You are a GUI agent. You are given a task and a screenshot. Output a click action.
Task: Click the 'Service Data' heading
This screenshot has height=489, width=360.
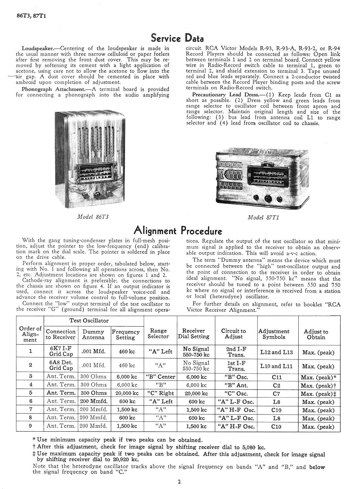(x=177, y=38)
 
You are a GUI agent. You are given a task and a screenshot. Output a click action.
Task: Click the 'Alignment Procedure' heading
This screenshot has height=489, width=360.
(x=178, y=231)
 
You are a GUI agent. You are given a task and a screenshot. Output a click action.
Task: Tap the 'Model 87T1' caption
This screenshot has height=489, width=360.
(x=263, y=217)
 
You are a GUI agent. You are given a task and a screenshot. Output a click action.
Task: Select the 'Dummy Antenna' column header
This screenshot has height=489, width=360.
(x=93, y=334)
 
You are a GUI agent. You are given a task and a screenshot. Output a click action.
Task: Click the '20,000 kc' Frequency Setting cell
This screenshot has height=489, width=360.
(x=127, y=393)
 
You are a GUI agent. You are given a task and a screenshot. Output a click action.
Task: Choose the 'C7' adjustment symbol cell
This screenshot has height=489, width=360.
(x=276, y=393)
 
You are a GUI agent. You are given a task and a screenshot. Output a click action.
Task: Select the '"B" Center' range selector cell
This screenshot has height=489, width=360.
(x=160, y=377)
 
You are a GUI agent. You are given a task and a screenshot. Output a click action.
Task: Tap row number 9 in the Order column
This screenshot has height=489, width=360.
(x=30, y=426)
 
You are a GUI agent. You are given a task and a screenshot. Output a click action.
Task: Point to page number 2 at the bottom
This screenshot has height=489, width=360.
(x=179, y=482)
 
